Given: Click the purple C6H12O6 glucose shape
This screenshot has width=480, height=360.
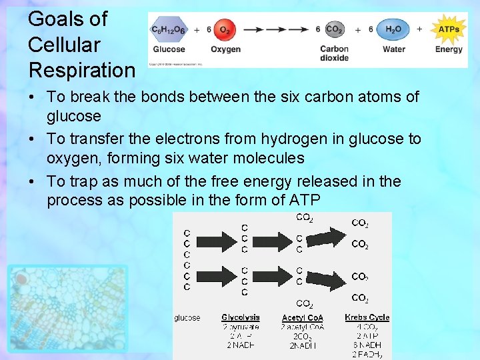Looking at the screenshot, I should pos(169,30).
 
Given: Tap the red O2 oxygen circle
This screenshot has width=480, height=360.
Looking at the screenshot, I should pos(225,30).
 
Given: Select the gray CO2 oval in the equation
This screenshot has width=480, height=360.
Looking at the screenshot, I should pos(334,30).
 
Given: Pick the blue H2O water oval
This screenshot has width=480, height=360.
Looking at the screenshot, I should pos(393,29).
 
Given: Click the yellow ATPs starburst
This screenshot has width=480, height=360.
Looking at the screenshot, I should pos(449,29).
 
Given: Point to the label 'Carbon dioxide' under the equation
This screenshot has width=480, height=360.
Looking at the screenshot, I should pos(334,53).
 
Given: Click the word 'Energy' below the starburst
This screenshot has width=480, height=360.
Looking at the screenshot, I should pos(449,49).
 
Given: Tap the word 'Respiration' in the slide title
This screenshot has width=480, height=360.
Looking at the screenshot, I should pos(81,69).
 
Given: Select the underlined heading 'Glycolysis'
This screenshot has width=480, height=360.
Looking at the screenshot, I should pos(240,317).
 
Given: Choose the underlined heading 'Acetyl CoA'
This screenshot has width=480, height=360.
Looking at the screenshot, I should pos(302,318).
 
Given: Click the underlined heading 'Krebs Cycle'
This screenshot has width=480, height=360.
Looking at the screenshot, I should pos(367,317).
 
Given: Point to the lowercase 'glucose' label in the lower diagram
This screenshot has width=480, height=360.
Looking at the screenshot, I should pos(187,318).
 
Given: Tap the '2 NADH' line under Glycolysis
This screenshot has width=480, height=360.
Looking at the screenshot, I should pos(240,345).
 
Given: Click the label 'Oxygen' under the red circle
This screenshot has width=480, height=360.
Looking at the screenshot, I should pos(225,49).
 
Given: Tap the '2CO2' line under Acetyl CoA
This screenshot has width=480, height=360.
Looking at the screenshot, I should pos(302,336).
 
